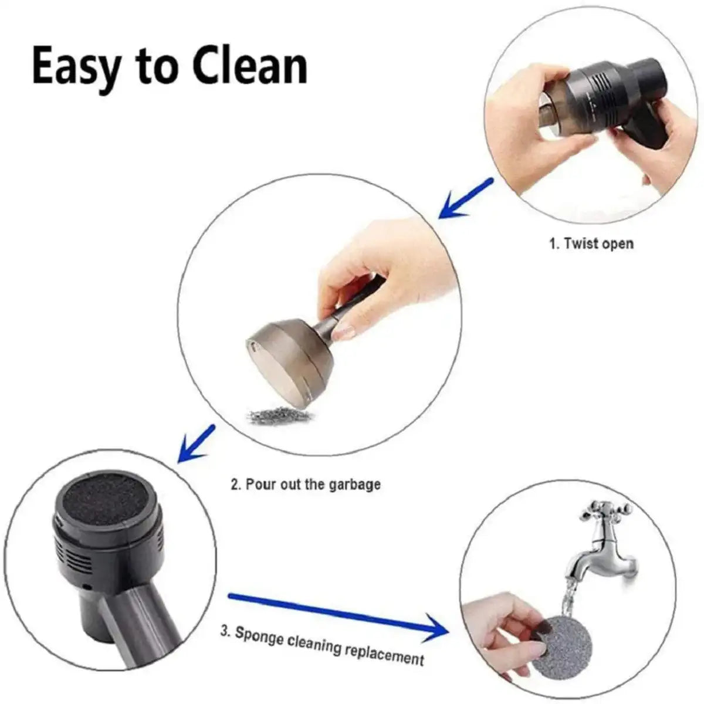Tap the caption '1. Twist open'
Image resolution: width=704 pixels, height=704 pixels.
click(x=591, y=243)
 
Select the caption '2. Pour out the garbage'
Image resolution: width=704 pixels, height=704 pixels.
click(x=305, y=485)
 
